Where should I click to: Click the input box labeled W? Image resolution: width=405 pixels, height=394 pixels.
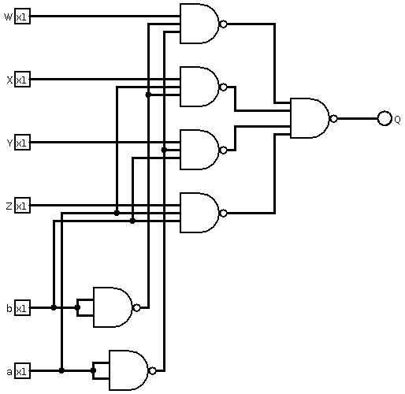click(22, 17)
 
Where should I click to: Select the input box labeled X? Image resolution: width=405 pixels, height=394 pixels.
click(22, 80)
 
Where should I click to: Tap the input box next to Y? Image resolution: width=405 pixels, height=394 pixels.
click(22, 143)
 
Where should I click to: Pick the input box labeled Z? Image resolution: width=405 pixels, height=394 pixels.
click(22, 206)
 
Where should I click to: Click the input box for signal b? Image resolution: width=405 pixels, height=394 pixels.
click(22, 307)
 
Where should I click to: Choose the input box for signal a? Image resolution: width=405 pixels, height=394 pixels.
click(22, 371)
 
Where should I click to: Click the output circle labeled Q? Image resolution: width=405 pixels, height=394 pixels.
click(385, 118)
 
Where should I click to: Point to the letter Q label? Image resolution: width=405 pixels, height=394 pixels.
click(397, 120)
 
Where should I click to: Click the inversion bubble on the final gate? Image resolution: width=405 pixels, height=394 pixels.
click(333, 118)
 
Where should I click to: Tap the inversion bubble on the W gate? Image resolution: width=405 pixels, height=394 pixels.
click(223, 24)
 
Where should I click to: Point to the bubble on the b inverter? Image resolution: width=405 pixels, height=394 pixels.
click(136, 307)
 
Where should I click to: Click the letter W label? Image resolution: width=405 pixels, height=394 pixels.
click(8, 17)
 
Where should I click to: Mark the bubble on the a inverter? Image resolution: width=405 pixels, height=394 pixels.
click(152, 370)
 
